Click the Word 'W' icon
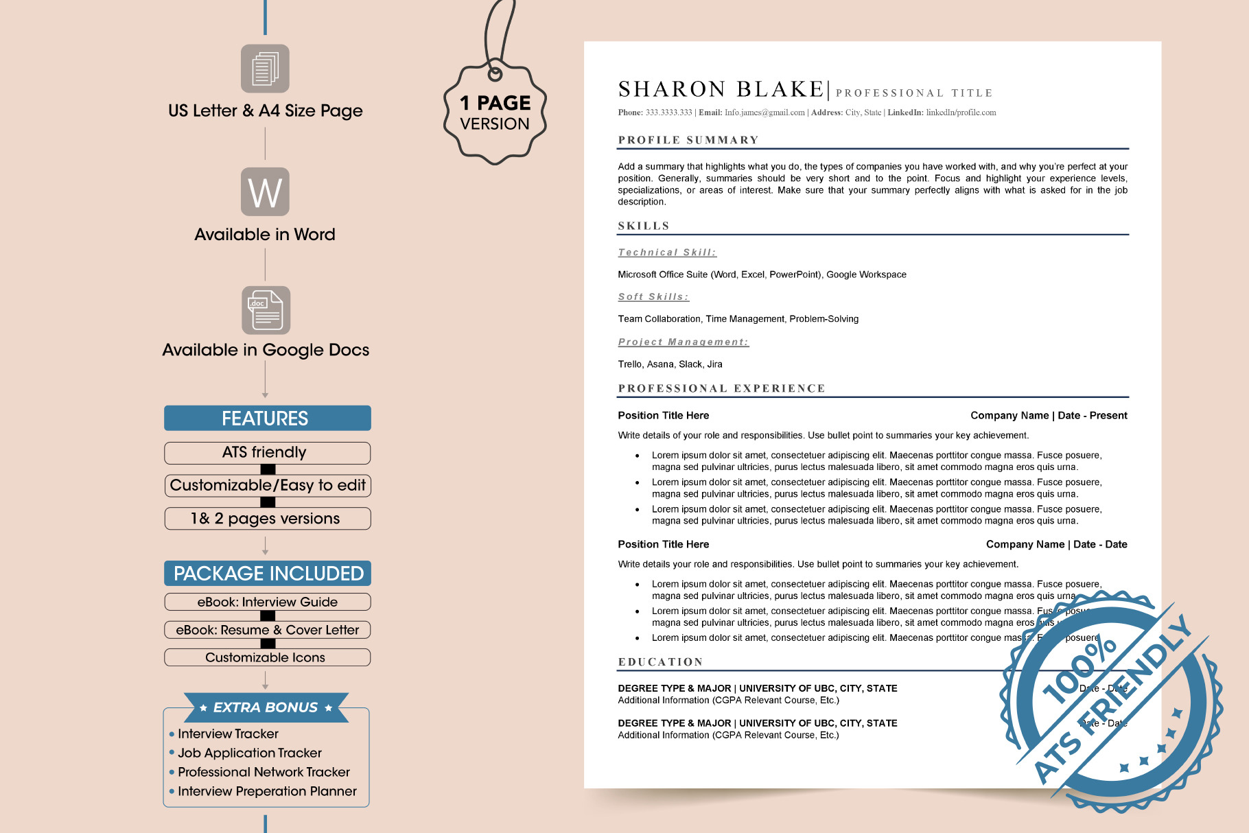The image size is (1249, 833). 265,192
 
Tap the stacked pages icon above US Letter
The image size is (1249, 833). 265,69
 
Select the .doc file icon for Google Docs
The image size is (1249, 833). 266,310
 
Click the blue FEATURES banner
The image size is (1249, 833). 267,419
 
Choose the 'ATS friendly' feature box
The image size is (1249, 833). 267,453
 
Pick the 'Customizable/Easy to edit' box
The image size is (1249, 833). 267,486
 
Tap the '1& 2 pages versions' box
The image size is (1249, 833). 267,519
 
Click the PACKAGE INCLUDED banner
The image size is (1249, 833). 268,574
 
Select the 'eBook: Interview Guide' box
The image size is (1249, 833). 267,602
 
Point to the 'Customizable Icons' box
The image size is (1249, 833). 267,657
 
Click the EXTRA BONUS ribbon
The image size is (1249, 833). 266,707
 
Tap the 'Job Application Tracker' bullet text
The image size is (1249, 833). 250,753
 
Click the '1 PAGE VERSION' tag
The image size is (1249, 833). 495,113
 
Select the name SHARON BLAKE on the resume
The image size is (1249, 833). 721,89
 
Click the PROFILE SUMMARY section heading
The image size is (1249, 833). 688,140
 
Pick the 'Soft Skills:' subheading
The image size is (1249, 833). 653,297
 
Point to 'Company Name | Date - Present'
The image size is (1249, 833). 1049,416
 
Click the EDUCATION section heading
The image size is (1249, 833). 660,662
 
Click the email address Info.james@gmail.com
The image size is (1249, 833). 764,113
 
